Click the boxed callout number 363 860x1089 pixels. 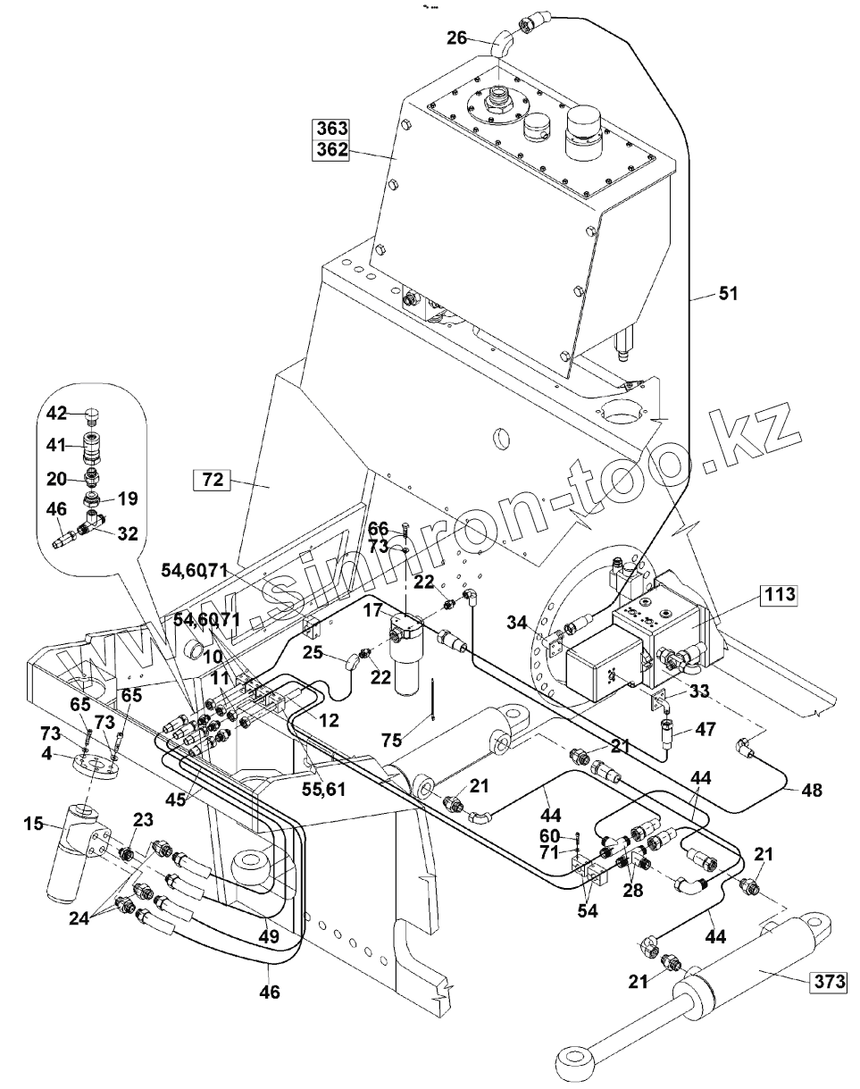(x=331, y=128)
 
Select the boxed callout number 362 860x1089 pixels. (x=331, y=150)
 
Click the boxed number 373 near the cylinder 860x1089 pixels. (x=827, y=983)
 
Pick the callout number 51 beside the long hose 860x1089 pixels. (x=730, y=294)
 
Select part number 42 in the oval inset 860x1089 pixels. (x=56, y=413)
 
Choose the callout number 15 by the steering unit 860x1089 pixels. (x=34, y=823)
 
